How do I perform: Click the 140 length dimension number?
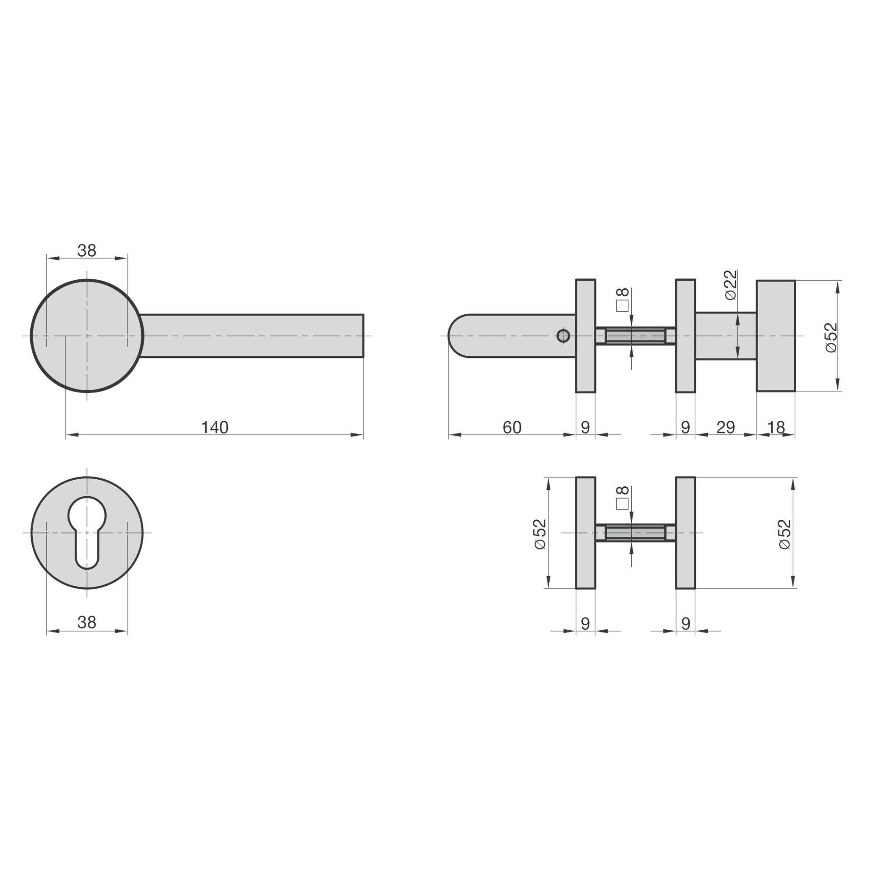tap(215, 427)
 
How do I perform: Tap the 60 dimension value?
tap(512, 427)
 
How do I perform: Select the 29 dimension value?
tap(726, 427)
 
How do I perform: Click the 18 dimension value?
tap(776, 427)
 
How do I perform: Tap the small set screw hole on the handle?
tap(563, 336)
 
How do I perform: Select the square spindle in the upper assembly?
tap(635, 337)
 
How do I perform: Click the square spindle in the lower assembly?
tap(635, 533)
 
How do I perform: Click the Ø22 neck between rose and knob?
tap(725, 336)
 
